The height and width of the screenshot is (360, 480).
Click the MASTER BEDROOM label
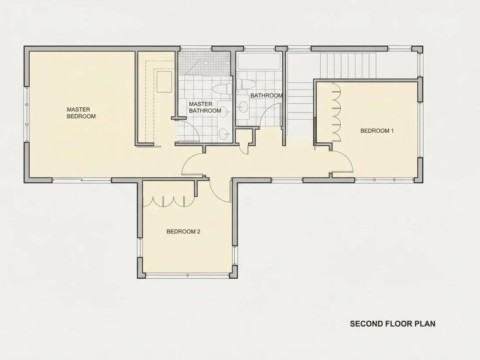coord(81,113)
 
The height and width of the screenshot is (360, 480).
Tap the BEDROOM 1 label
coord(377,131)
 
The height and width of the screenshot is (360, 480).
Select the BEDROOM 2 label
coord(183,231)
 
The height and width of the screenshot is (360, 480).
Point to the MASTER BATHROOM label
coord(205,107)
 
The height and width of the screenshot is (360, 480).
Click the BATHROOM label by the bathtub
coord(266,96)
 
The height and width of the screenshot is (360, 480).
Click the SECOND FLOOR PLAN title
coord(392,324)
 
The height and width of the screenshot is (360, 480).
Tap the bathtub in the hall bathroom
coord(259,62)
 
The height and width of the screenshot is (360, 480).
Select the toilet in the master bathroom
coord(222,89)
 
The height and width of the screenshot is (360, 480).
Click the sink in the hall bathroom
coord(243,107)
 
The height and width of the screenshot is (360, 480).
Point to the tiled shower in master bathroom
coord(204,63)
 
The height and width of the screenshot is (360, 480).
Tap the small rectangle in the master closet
coord(164,82)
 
